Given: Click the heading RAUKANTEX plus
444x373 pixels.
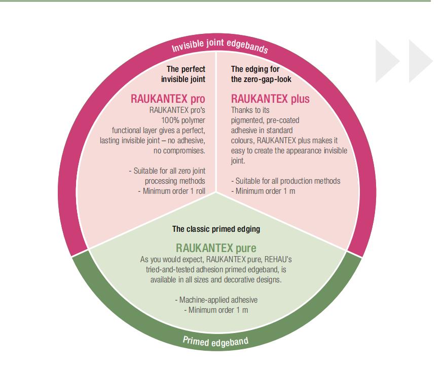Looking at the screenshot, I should [270, 99].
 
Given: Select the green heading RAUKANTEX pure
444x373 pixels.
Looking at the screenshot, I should [216, 248].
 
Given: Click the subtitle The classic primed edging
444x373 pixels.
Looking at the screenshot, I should [216, 229].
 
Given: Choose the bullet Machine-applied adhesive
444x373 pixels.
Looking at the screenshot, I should [216, 300].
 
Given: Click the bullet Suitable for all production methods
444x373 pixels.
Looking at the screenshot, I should [286, 181].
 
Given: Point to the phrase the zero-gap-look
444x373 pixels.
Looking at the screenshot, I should [261, 78].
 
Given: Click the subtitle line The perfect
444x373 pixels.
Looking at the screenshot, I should [186, 68].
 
